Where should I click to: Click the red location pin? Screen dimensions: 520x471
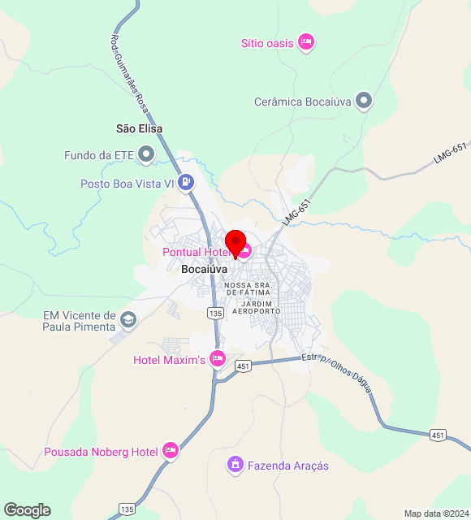click(235, 242)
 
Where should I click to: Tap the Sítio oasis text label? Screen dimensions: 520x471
click(267, 43)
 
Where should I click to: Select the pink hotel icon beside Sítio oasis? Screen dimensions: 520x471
click(305, 41)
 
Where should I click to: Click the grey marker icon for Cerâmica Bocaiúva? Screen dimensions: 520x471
click(365, 102)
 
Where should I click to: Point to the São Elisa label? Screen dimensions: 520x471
click(140, 128)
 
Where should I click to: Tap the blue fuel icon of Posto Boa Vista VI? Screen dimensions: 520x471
click(187, 183)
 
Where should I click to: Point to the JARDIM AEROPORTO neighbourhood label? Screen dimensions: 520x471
click(256, 307)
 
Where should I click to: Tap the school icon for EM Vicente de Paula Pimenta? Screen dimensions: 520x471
click(127, 318)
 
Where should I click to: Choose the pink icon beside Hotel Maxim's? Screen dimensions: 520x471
click(217, 358)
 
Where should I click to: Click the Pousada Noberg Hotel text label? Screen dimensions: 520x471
click(101, 451)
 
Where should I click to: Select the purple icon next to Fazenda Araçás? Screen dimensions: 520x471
click(235, 465)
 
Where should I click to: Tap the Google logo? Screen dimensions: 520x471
click(27, 509)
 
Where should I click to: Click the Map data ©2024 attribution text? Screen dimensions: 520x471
click(436, 513)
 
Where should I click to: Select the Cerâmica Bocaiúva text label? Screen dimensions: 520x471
click(301, 102)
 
